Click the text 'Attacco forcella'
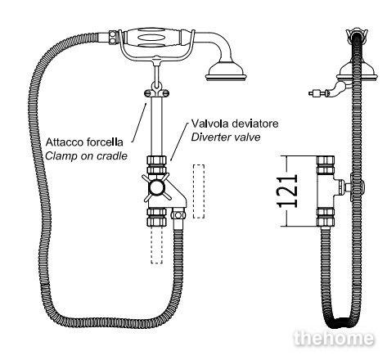click(x=84, y=142)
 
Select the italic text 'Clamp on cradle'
click(x=86, y=156)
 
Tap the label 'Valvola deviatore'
click(x=235, y=124)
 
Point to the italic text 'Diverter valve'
click(x=226, y=137)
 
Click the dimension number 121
click(x=287, y=191)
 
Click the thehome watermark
click(x=334, y=339)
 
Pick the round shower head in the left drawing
click(x=227, y=72)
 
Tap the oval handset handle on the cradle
click(x=151, y=38)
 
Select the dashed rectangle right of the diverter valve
click(x=199, y=191)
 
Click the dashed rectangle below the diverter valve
click(x=157, y=245)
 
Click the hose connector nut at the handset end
click(x=113, y=37)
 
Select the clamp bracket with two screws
click(x=156, y=93)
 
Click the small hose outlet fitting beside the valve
click(x=178, y=214)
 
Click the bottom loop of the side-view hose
click(x=342, y=322)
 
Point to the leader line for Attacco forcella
click(x=140, y=122)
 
